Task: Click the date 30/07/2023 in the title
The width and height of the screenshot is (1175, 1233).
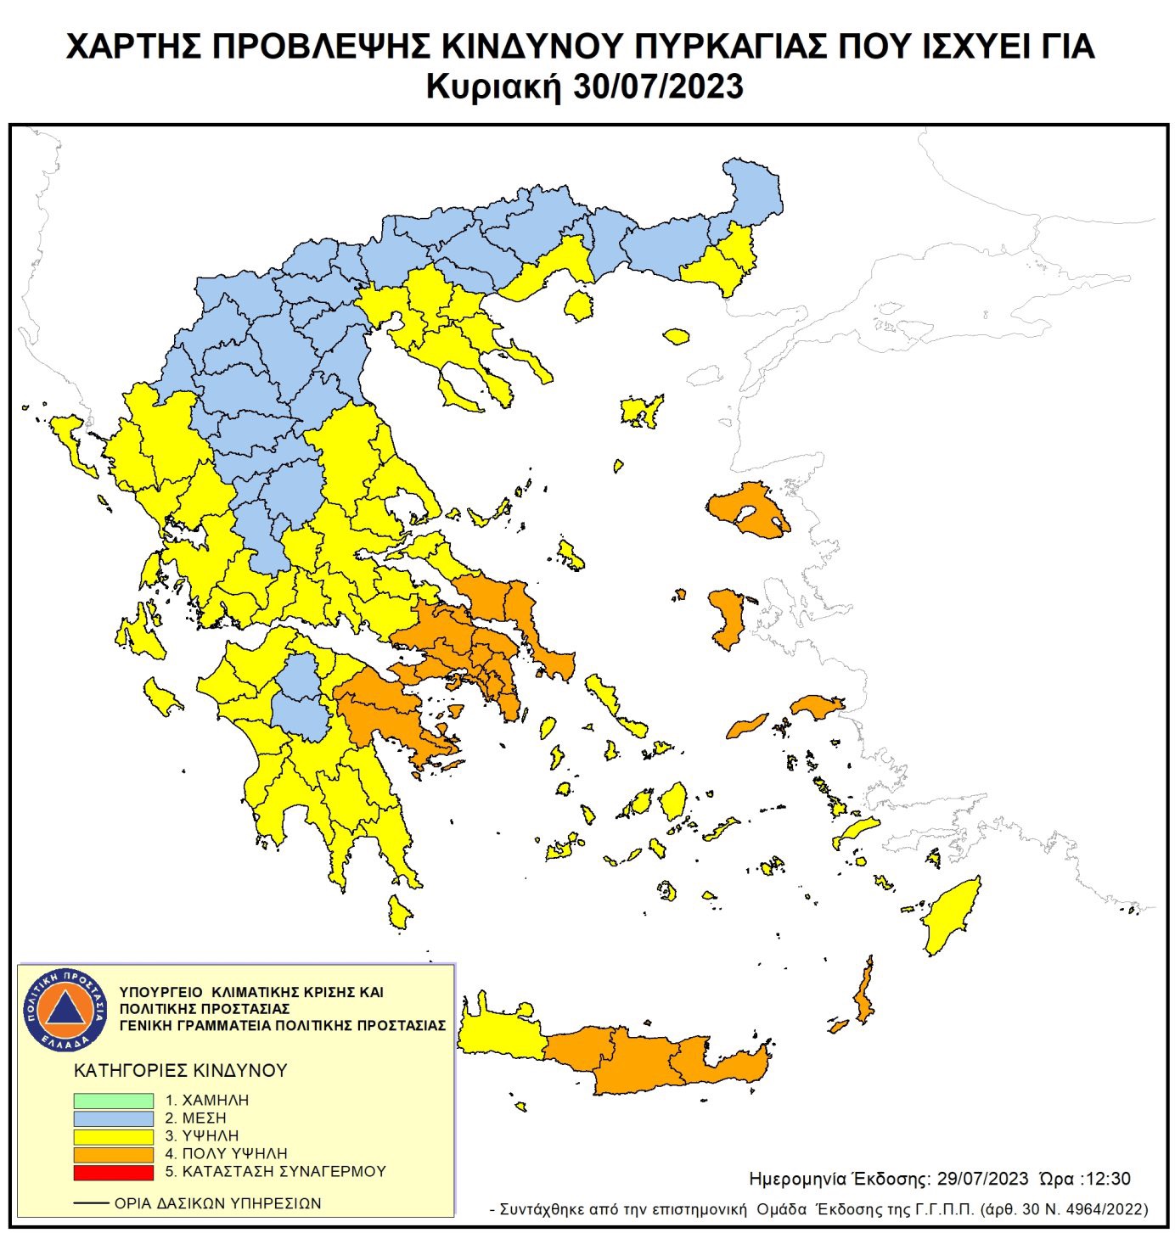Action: [658, 87]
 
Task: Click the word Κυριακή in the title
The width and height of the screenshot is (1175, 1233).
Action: [493, 87]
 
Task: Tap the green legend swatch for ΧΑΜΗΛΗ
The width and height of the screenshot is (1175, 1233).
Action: [113, 1100]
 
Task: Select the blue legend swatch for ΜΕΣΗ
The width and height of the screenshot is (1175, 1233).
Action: [113, 1118]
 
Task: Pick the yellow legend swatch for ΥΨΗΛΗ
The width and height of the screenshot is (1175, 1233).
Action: [113, 1135]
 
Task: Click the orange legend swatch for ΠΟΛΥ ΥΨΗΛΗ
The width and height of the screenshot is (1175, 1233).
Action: [113, 1154]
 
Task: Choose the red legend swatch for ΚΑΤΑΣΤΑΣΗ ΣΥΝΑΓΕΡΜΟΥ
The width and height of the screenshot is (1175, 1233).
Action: [113, 1172]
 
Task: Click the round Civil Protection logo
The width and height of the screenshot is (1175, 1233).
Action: [65, 1009]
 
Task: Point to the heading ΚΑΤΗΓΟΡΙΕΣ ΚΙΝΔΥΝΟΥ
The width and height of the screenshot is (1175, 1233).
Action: [181, 1070]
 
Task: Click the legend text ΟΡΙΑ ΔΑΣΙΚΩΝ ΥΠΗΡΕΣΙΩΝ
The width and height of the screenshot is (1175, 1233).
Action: [217, 1203]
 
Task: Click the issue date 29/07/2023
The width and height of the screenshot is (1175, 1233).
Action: [982, 1179]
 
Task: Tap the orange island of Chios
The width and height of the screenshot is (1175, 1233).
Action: [727, 618]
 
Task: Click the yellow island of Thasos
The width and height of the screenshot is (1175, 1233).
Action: [579, 305]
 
